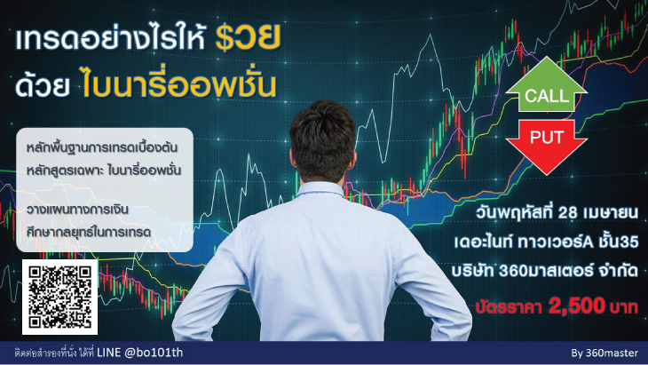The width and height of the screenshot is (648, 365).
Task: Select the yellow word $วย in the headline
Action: pos(249,40)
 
